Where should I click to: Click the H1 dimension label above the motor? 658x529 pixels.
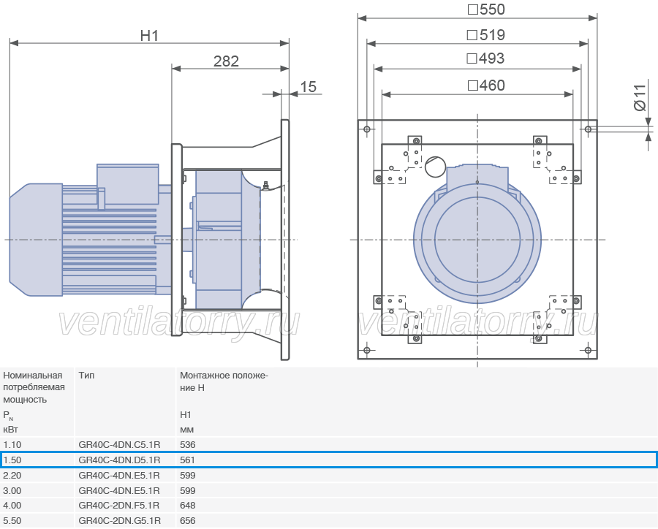point(149,36)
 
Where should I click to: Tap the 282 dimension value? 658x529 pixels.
point(226,61)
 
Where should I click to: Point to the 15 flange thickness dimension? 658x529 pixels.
point(308,87)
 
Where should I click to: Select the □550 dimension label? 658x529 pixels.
point(486,9)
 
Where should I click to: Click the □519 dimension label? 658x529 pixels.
point(486,35)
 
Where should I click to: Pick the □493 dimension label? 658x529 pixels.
point(485,58)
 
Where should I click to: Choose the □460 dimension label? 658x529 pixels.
point(486,85)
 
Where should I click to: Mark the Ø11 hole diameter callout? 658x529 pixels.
point(639,97)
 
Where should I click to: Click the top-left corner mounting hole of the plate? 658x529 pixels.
point(367,129)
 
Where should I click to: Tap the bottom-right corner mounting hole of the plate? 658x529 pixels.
point(588,350)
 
